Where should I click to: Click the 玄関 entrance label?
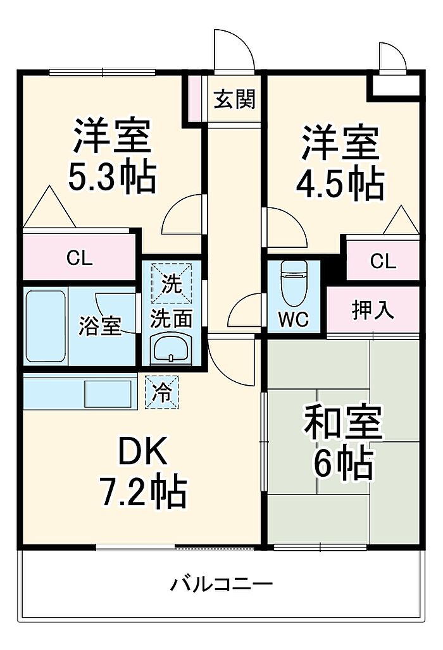(x=234, y=99)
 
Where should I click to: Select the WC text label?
(x=294, y=319)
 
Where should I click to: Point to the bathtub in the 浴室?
(x=46, y=326)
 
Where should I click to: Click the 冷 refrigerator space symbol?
(x=162, y=392)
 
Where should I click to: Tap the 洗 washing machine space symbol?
(x=172, y=283)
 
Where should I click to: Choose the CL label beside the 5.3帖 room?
(x=80, y=259)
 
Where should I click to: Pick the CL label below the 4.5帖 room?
(x=384, y=261)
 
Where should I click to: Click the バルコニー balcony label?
(x=222, y=584)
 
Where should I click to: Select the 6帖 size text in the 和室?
(x=343, y=463)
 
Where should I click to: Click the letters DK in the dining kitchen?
(x=142, y=450)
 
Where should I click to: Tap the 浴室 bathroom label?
(x=100, y=326)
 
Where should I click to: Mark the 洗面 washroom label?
(x=172, y=319)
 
